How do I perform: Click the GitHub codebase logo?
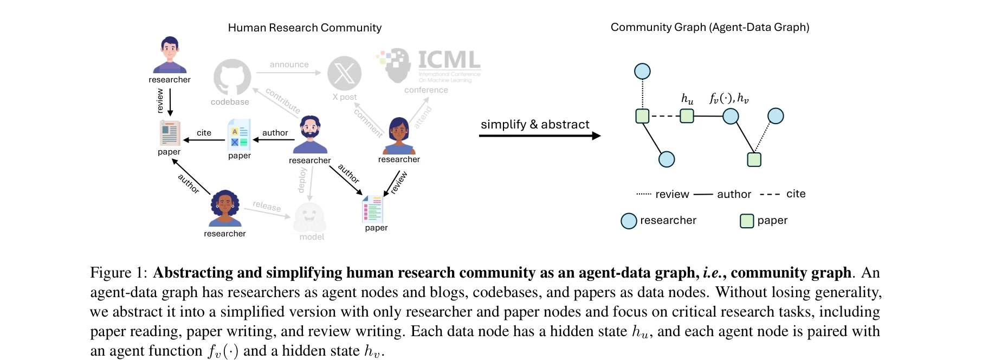tap(232, 78)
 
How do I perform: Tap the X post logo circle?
tap(344, 74)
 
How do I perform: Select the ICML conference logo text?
tap(449, 60)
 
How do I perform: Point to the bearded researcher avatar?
tap(311, 134)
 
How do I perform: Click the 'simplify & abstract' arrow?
tap(539, 136)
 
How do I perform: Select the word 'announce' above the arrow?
tap(289, 65)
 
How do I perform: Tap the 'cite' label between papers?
tap(204, 133)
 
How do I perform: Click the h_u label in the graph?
tap(687, 99)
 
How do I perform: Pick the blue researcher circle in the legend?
tap(629, 221)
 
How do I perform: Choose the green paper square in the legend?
tap(747, 221)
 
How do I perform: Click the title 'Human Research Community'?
tap(305, 28)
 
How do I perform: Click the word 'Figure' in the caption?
tap(111, 273)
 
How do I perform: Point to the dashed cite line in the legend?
tap(770, 194)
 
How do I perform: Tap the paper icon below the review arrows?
tap(372, 209)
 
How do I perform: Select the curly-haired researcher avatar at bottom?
tap(225, 208)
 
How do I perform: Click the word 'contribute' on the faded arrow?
tap(282, 101)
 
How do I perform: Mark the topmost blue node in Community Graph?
tap(642, 71)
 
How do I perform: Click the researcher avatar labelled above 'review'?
tap(170, 55)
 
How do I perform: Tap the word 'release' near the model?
tap(267, 206)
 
